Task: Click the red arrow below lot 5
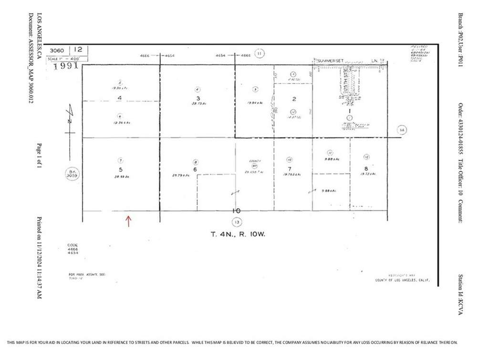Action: (x=128, y=221)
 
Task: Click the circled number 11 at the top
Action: (x=259, y=53)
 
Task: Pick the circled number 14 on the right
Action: (x=402, y=130)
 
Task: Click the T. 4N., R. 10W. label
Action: (x=237, y=234)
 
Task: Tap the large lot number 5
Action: (x=121, y=169)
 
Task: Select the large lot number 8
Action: (x=366, y=168)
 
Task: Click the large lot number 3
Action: (x=197, y=98)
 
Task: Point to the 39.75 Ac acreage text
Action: (x=197, y=103)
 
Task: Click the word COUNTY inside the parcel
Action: (x=254, y=161)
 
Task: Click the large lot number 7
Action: (x=290, y=169)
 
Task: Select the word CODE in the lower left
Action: (x=73, y=245)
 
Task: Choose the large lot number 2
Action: (x=294, y=99)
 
